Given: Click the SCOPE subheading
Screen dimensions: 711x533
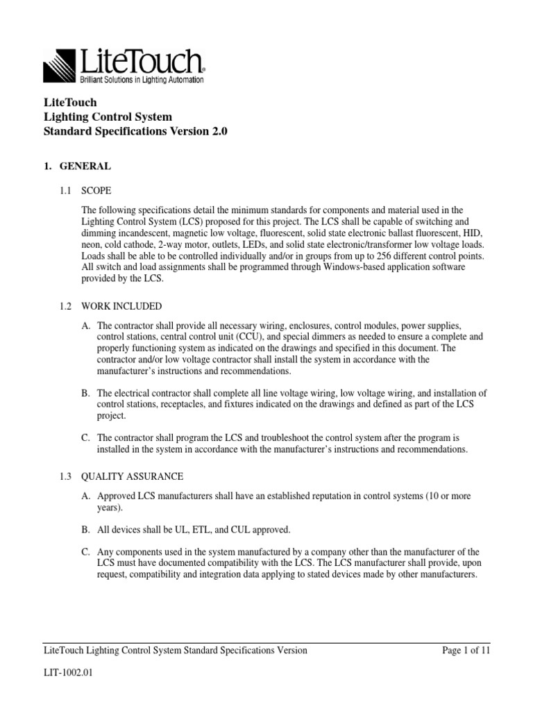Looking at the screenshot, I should tap(96, 190).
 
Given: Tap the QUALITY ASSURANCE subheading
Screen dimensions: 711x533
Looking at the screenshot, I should tap(132, 476).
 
